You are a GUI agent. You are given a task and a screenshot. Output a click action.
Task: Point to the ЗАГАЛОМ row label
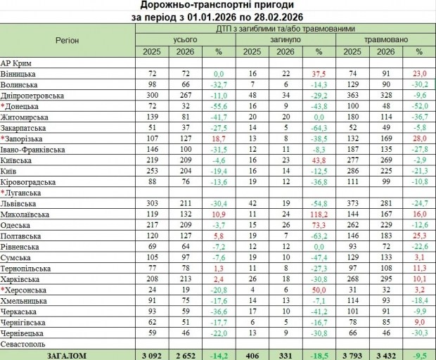click(x=66, y=356)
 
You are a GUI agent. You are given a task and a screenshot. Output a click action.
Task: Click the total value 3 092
click(x=152, y=356)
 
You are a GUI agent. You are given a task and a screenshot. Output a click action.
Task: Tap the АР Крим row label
click(x=17, y=63)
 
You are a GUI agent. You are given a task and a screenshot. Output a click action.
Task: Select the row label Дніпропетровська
click(x=32, y=94)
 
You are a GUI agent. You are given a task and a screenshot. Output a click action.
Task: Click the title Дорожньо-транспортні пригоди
click(x=217, y=6)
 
